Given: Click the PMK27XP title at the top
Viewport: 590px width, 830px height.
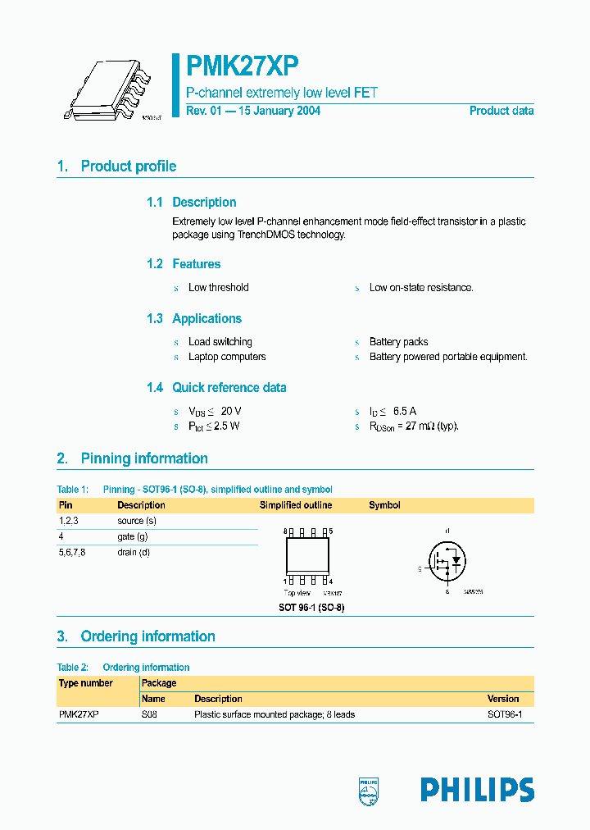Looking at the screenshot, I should click(x=243, y=66).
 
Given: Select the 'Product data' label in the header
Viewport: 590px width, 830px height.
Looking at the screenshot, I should click(x=501, y=111).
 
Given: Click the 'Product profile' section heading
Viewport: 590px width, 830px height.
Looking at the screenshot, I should click(x=128, y=166).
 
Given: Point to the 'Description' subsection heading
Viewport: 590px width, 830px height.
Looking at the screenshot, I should click(x=204, y=203).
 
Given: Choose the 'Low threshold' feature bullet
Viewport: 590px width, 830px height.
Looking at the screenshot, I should click(x=218, y=288).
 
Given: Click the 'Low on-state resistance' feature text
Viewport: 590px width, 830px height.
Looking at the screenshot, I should click(x=421, y=288).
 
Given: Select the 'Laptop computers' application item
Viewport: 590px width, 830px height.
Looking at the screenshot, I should click(x=227, y=357).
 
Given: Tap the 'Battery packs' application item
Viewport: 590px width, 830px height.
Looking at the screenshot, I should click(x=398, y=342).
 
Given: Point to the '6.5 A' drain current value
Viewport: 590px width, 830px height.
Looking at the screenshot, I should click(x=405, y=411).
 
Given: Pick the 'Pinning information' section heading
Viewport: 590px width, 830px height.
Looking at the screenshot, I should click(x=143, y=458).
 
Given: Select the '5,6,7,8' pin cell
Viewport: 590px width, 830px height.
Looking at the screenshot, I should click(x=72, y=552).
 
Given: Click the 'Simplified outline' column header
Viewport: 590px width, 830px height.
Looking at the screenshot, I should click(x=296, y=505).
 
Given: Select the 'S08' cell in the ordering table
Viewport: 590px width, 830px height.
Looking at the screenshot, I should click(x=149, y=714).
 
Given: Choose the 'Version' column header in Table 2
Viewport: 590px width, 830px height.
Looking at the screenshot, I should click(x=503, y=699).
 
